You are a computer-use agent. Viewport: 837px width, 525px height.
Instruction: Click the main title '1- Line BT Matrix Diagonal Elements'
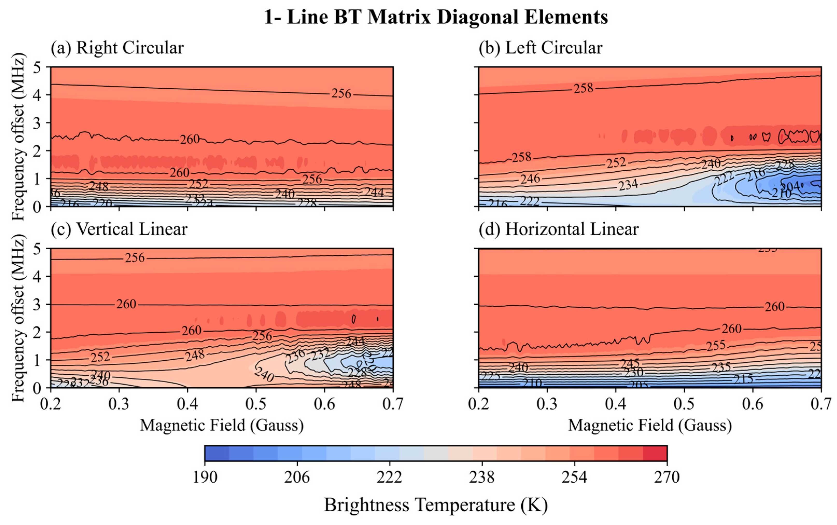point(436,17)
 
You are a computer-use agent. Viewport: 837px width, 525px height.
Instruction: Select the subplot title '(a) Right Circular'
point(117,48)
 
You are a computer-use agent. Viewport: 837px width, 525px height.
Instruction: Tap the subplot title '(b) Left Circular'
point(540,48)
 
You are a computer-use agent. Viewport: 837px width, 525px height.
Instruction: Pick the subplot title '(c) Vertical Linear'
point(119,229)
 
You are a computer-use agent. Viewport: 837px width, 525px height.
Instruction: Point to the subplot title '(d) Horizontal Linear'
point(558,229)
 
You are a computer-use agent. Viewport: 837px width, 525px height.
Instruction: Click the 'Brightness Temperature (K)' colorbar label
point(436,505)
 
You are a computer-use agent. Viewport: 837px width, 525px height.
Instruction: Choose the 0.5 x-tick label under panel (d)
point(684,404)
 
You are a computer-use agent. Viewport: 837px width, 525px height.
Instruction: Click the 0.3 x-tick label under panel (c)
point(119,404)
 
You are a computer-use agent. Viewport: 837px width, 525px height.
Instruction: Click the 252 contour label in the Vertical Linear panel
point(100,357)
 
